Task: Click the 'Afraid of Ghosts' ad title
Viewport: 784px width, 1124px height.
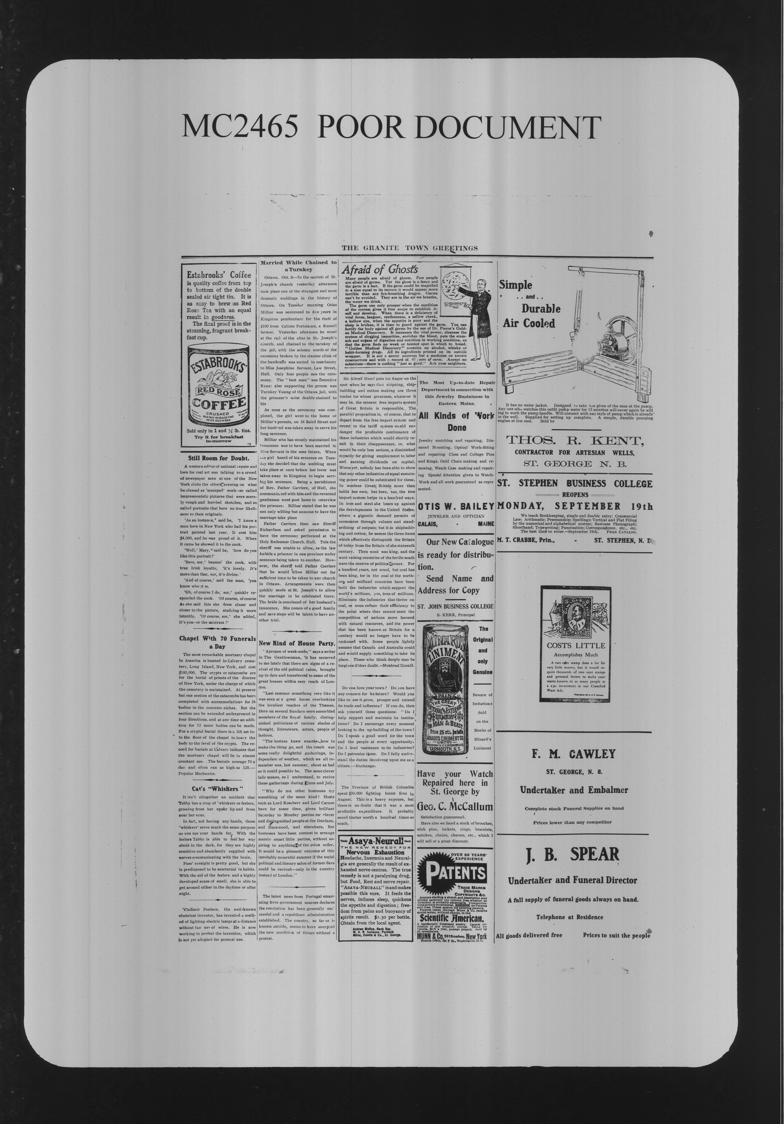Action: pyautogui.click(x=380, y=269)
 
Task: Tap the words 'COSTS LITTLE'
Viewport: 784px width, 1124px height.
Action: pyautogui.click(x=575, y=645)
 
